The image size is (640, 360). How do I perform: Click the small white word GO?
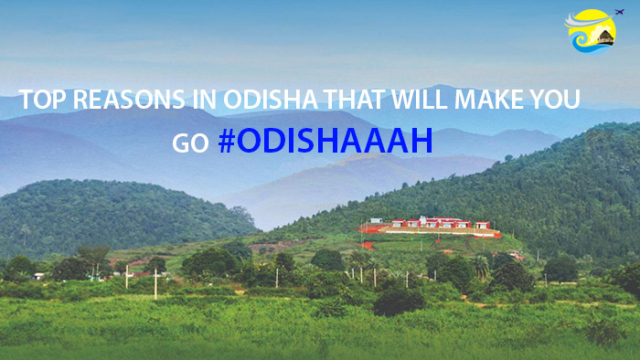pyautogui.click(x=190, y=144)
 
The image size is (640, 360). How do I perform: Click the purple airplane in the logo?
pyautogui.click(x=619, y=12)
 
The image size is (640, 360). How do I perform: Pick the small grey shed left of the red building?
pyautogui.click(x=376, y=222)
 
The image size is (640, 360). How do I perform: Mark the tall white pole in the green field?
pyautogui.click(x=155, y=284)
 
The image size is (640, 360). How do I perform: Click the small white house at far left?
pyautogui.click(x=39, y=274)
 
